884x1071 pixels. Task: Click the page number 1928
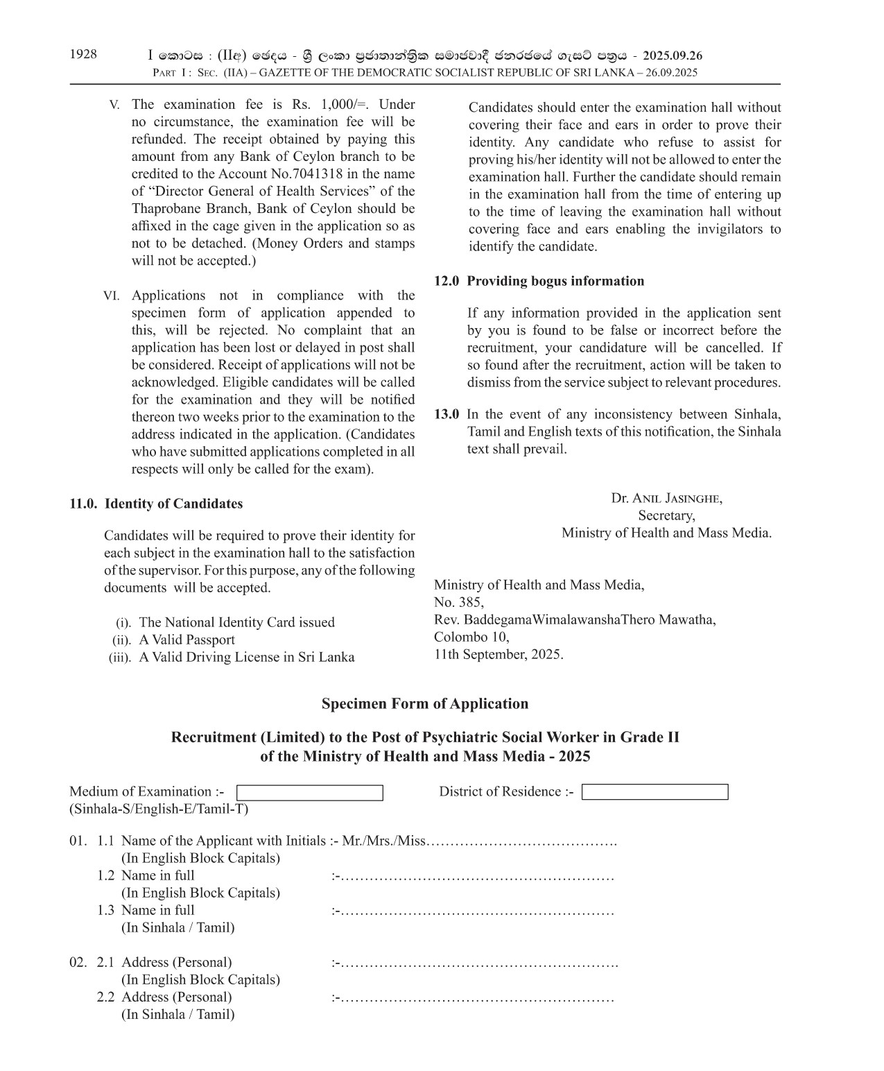pyautogui.click(x=83, y=55)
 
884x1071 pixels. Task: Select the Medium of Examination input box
pyautogui.click(x=309, y=792)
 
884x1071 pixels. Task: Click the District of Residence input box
pyautogui.click(x=655, y=792)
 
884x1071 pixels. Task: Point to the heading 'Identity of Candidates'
pyautogui.click(x=173, y=504)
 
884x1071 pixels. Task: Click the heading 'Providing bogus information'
pyautogui.click(x=555, y=281)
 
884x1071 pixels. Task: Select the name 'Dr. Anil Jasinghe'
pyautogui.click(x=666, y=498)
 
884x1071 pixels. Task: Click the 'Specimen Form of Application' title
pyautogui.click(x=424, y=704)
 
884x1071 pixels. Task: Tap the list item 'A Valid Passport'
pyautogui.click(x=187, y=640)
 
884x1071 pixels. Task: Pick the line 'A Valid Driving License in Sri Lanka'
pyautogui.click(x=246, y=657)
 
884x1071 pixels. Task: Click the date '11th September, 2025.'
pyautogui.click(x=499, y=654)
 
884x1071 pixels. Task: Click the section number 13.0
pyautogui.click(x=447, y=414)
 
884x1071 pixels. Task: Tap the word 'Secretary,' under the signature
pyautogui.click(x=666, y=515)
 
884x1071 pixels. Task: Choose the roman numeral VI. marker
pyautogui.click(x=111, y=296)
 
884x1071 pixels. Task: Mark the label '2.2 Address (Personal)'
pyautogui.click(x=164, y=997)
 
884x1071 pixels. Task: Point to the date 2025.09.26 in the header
pyautogui.click(x=672, y=55)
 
